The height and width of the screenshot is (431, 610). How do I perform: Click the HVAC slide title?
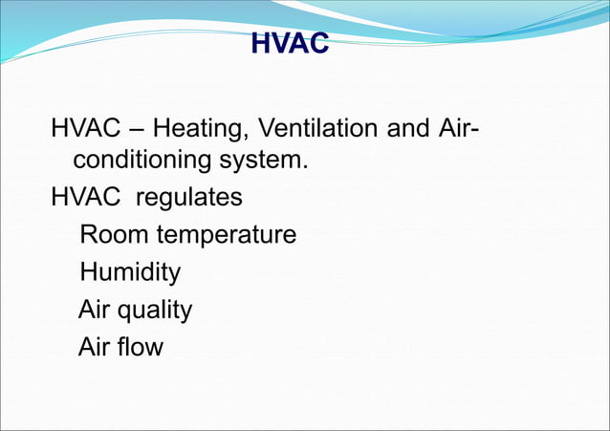pos(289,44)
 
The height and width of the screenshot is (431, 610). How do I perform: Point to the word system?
pos(271,162)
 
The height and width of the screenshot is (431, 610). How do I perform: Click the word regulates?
pos(189,198)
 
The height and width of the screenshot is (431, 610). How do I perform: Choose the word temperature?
pos(227,236)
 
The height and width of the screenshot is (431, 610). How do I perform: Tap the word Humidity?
pos(130,272)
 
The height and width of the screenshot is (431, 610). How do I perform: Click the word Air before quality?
pos(97,310)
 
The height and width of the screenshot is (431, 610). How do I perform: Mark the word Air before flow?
pos(97,347)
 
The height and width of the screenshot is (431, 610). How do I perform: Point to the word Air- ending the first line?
pos(456,127)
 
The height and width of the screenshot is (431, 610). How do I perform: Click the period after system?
pos(305,167)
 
